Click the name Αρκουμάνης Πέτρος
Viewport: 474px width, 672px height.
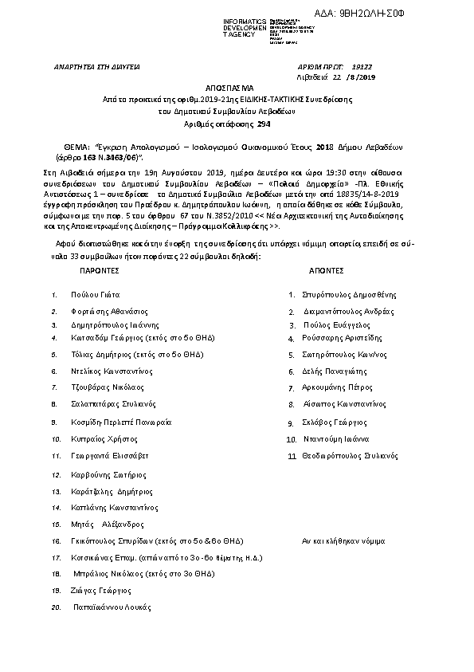(x=337, y=388)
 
